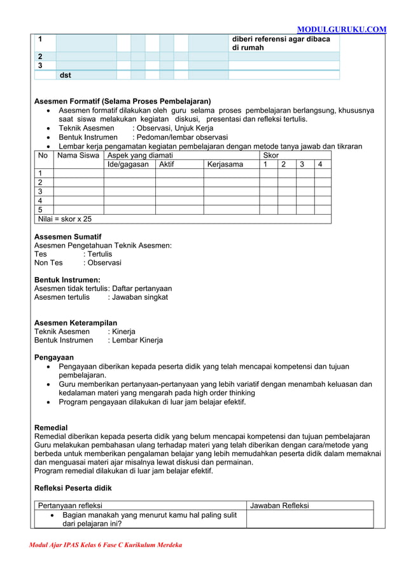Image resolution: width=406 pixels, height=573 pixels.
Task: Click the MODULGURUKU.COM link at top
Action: (x=341, y=29)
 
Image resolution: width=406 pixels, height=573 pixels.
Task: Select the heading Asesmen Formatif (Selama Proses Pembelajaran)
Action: (x=122, y=101)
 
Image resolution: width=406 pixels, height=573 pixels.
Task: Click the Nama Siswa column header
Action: (x=78, y=155)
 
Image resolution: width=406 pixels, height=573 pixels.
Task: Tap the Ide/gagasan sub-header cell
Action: (x=129, y=165)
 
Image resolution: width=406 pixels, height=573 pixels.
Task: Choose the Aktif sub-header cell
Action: (x=167, y=165)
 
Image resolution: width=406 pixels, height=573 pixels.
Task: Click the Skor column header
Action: (x=271, y=155)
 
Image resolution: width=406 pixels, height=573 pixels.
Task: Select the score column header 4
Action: (x=320, y=165)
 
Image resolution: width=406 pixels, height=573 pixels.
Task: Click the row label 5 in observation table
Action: (x=40, y=210)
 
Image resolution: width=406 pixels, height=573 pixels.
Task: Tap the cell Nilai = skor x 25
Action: (x=65, y=219)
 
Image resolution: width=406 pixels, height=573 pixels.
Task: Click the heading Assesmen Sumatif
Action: (x=67, y=236)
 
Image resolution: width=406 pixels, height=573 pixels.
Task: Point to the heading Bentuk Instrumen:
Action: (x=67, y=280)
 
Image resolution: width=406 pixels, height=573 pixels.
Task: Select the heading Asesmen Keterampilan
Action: (x=75, y=323)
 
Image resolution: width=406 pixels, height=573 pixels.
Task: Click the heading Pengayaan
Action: (x=53, y=357)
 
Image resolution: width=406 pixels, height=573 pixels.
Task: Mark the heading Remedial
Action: (x=51, y=428)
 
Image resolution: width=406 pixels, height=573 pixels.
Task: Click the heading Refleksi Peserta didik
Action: (x=73, y=488)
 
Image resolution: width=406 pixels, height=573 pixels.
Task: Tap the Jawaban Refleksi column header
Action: (x=279, y=506)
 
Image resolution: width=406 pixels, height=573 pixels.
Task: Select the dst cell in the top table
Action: (x=66, y=75)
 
